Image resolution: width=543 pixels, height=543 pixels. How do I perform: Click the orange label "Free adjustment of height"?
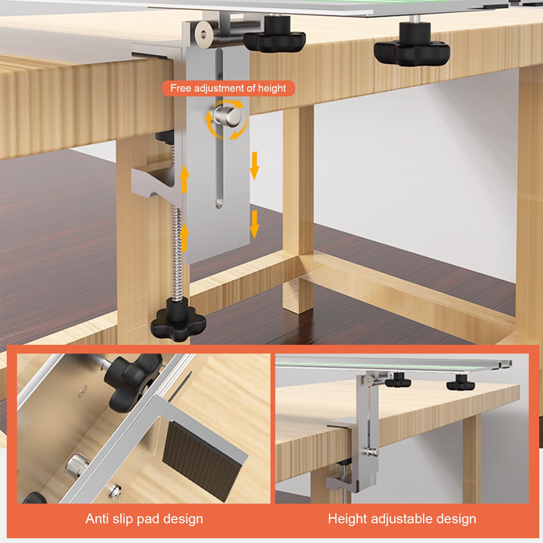pos(228,89)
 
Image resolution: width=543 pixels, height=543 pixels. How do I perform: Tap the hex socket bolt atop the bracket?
pos(203,33)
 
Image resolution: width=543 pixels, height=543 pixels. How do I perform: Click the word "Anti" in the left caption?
pos(97,519)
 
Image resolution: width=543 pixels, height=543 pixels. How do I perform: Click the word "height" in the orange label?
pos(272,89)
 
